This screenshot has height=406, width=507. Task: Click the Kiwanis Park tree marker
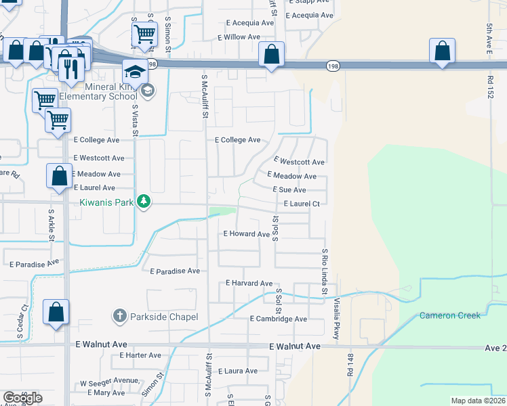pyautogui.click(x=143, y=201)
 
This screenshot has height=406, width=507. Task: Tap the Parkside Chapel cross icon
pyautogui.click(x=119, y=316)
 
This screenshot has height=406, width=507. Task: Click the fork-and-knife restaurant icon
pyautogui.click(x=70, y=67)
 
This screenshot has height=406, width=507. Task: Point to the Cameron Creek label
pyautogui.click(x=449, y=315)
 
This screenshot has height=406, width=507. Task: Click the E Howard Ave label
pyautogui.click(x=247, y=234)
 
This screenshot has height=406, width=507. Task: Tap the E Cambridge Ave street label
pyautogui.click(x=278, y=319)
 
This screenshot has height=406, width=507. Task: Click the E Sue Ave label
pyautogui.click(x=289, y=190)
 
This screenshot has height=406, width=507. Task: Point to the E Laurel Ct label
pyautogui.click(x=296, y=203)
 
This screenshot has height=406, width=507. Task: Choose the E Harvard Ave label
pyautogui.click(x=249, y=283)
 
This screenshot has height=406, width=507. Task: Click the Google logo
pyautogui.click(x=22, y=398)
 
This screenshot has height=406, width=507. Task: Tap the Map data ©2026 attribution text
pyautogui.click(x=477, y=401)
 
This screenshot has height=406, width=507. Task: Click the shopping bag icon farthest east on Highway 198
pyautogui.click(x=442, y=51)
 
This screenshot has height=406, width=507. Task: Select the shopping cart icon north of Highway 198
pyautogui.click(x=144, y=34)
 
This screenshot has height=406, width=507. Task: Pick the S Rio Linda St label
pyautogui.click(x=325, y=271)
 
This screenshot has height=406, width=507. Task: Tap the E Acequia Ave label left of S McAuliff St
pyautogui.click(x=246, y=22)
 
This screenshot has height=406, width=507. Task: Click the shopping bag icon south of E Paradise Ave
pyautogui.click(x=56, y=313)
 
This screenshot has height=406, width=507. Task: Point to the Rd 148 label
pyautogui.click(x=350, y=363)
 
